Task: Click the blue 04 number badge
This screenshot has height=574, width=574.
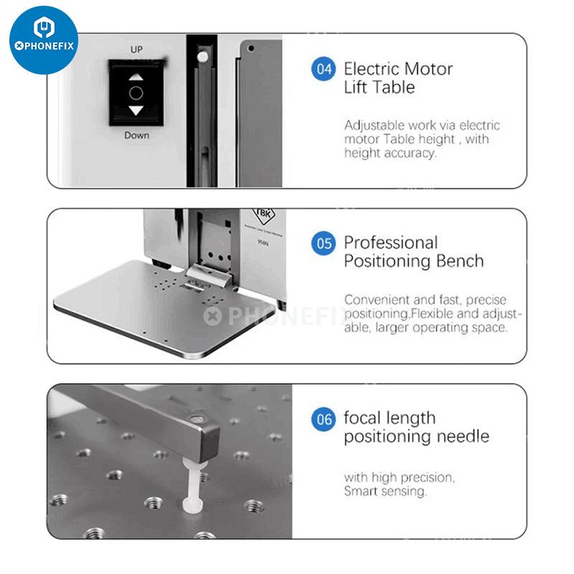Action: point(324,69)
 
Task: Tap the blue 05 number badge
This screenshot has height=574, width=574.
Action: point(324,243)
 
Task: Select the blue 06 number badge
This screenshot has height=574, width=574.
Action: point(324,420)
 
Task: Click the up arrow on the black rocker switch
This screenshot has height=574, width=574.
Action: point(136,77)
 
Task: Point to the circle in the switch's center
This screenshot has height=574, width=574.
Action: point(136,93)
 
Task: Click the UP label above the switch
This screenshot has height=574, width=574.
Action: point(136,50)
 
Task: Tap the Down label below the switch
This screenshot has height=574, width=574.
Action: point(136,136)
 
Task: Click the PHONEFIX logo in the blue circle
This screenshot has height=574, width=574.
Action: point(44,39)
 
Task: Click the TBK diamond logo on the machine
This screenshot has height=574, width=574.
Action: point(263,215)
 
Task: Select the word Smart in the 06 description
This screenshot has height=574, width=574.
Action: point(359,491)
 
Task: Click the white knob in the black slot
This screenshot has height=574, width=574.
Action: point(202,57)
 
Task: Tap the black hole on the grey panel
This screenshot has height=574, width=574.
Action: point(251,48)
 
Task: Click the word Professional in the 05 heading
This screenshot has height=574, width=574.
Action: point(390,243)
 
